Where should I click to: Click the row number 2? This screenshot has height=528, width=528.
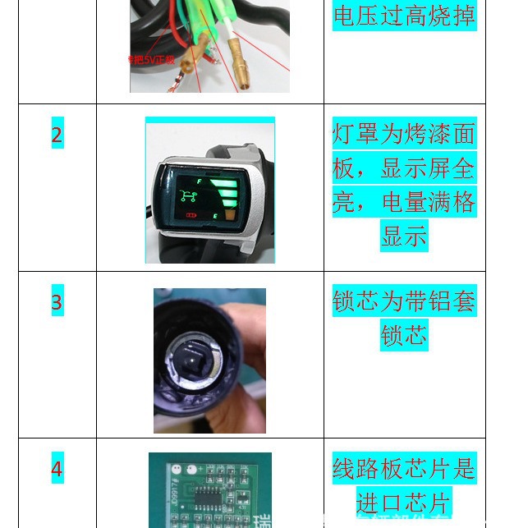click(x=57, y=135)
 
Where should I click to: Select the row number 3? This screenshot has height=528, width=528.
click(x=57, y=303)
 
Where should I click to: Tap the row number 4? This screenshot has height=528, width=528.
click(x=57, y=470)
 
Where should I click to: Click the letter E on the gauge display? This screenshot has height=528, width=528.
click(x=215, y=216)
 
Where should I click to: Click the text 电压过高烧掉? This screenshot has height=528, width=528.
click(x=404, y=16)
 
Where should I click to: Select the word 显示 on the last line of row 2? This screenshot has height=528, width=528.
click(x=404, y=236)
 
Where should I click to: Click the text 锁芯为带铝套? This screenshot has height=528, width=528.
click(x=404, y=301)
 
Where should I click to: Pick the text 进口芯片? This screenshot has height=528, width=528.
click(x=404, y=503)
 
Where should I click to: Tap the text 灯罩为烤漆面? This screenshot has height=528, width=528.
click(x=404, y=134)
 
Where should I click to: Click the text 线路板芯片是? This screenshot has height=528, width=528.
click(x=404, y=469)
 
